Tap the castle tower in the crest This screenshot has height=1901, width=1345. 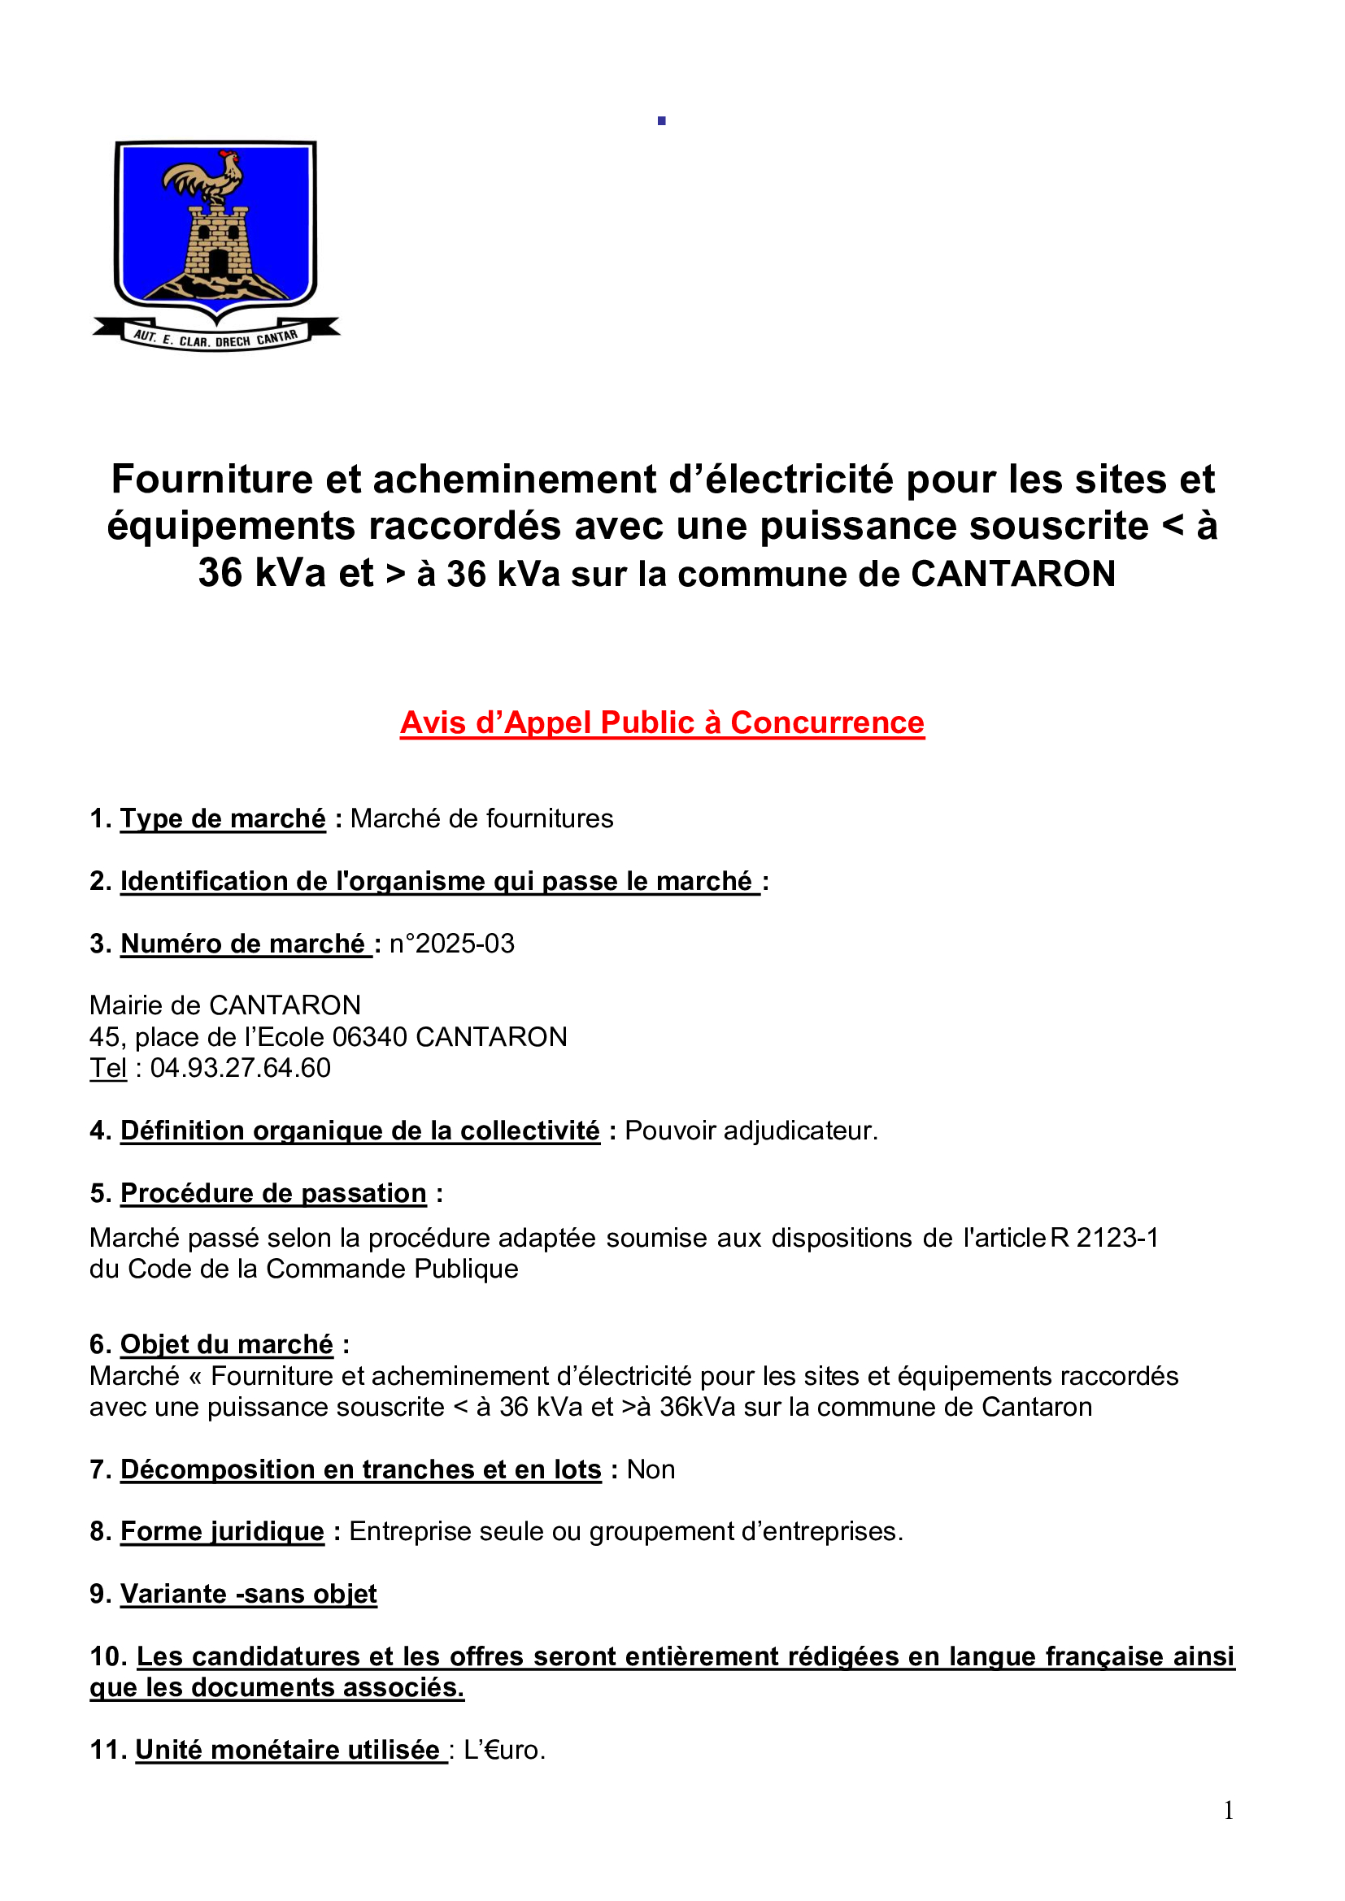(217, 241)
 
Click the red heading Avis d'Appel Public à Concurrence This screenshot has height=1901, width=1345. (662, 723)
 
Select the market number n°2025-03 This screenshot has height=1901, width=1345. (451, 943)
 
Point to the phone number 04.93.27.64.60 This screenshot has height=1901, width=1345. (240, 1068)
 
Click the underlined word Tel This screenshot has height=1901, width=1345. (107, 1068)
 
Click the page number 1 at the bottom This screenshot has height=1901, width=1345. (1228, 1811)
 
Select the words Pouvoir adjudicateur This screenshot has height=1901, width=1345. (751, 1131)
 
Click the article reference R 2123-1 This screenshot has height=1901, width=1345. (1104, 1237)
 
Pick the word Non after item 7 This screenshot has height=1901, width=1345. (651, 1469)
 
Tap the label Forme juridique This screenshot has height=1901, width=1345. (222, 1531)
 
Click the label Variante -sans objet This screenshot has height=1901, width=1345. (249, 1594)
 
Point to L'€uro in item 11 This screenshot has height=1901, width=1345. (504, 1750)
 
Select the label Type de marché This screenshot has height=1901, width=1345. (223, 818)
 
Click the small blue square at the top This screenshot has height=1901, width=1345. (662, 121)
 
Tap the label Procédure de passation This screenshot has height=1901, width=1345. (273, 1193)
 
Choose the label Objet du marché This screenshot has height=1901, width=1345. (227, 1343)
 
